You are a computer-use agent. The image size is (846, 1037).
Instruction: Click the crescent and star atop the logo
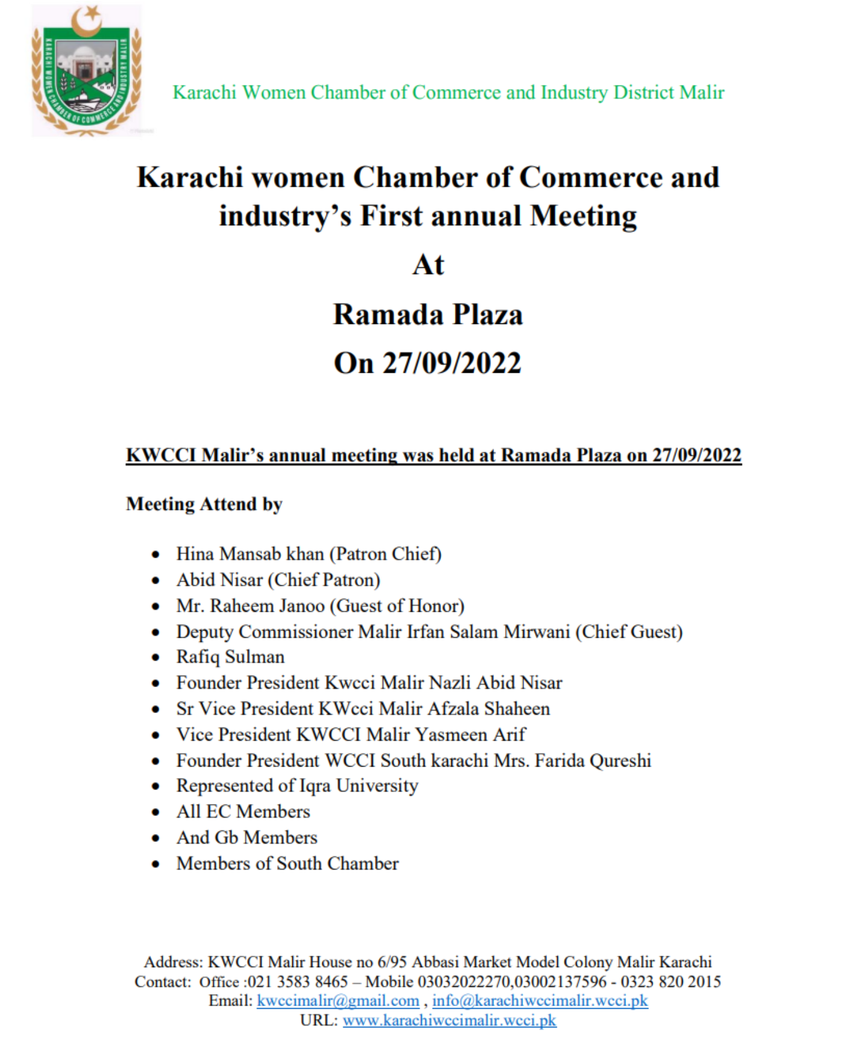click(x=88, y=18)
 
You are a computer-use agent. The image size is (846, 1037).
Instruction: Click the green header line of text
click(x=448, y=92)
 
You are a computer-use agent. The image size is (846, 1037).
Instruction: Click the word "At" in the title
click(x=428, y=265)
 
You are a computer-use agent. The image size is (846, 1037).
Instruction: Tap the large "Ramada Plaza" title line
click(x=428, y=314)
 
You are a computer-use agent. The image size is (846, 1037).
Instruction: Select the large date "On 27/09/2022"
click(x=428, y=363)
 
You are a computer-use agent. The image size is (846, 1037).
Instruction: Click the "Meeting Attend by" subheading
click(x=204, y=504)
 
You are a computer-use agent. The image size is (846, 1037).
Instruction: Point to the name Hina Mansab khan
click(x=249, y=553)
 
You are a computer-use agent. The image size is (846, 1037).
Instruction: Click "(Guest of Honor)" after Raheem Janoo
click(x=399, y=605)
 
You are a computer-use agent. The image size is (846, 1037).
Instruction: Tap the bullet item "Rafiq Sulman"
click(x=230, y=657)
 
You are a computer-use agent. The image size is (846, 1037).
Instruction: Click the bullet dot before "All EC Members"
click(x=156, y=812)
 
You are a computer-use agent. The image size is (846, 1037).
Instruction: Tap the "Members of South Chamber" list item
click(x=287, y=864)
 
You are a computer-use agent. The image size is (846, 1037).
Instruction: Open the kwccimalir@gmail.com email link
click(x=337, y=1001)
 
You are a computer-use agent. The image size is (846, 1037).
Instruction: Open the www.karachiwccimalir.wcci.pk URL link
click(x=450, y=1021)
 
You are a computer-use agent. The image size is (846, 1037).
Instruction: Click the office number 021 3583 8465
click(x=298, y=982)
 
